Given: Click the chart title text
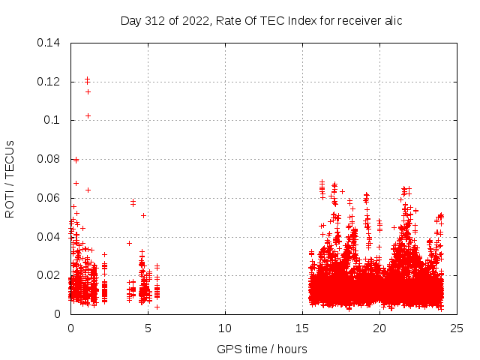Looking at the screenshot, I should pyautogui.click(x=261, y=21).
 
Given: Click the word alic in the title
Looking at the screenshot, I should pyautogui.click(x=391, y=21).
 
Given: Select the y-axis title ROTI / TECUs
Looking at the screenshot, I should pyautogui.click(x=10, y=178).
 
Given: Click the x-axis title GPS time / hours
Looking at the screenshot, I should pyautogui.click(x=262, y=349).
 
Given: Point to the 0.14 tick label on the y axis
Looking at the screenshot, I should pyautogui.click(x=49, y=42).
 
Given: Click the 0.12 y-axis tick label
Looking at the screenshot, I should pyautogui.click(x=49, y=81).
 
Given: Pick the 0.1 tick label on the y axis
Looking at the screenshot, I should pyautogui.click(x=53, y=120).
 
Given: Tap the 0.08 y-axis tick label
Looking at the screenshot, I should pyautogui.click(x=49, y=159).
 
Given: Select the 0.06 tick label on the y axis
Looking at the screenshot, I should pyautogui.click(x=49, y=198).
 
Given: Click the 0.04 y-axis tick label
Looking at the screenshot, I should pyautogui.click(x=49, y=237).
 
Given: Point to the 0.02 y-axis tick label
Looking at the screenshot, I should pyautogui.click(x=49, y=275).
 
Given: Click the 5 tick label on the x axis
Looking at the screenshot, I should pyautogui.click(x=148, y=328).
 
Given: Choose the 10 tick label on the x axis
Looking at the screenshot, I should pyautogui.click(x=225, y=328).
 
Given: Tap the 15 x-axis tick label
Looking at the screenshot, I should pyautogui.click(x=302, y=328).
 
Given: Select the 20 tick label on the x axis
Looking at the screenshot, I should pyautogui.click(x=379, y=328).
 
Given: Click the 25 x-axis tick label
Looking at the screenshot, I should pyautogui.click(x=457, y=328).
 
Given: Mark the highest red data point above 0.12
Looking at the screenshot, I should pyautogui.click(x=87, y=78).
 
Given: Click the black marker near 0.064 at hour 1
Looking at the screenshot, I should pyautogui.click(x=88, y=190).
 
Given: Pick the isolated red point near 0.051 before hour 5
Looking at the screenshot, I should pyautogui.click(x=143, y=215).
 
